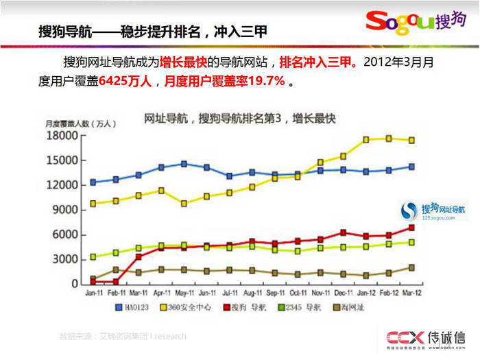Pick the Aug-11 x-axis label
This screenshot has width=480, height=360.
point(251,296)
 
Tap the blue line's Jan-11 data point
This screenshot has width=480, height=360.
point(93,182)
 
